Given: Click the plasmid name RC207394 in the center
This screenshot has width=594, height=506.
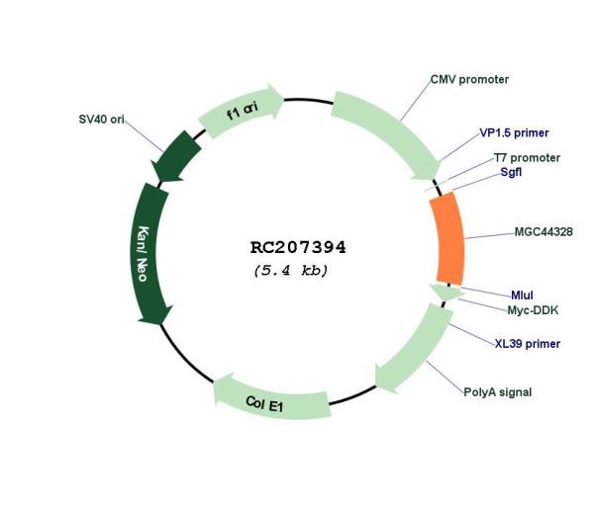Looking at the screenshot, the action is coord(298,248).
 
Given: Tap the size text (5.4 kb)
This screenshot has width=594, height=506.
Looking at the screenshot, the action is coord(291,271).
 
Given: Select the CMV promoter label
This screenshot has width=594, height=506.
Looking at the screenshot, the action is coord(469,80).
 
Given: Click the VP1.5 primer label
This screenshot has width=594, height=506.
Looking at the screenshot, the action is coord(514,133).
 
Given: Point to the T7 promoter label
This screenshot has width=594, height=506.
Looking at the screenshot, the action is coord(527,158).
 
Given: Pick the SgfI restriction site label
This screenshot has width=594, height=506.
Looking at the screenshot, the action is coord(511,172).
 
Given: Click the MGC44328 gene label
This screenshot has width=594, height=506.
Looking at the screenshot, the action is coord(544,232).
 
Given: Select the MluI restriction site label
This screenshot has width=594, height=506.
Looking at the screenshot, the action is coord(522,295).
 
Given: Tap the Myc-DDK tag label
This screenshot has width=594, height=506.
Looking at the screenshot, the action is coord(533,310).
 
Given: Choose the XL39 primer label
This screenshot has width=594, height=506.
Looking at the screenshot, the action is coord(528,344).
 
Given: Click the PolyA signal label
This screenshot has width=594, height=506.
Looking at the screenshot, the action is coord(497,392).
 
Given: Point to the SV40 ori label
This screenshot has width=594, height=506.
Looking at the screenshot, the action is coord(101,120).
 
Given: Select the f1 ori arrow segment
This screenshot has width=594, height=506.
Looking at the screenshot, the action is coord(242,111).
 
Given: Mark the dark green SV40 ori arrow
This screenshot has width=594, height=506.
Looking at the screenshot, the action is coord(176,156).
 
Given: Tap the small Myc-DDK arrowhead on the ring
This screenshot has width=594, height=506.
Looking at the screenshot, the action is coord(446,293).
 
